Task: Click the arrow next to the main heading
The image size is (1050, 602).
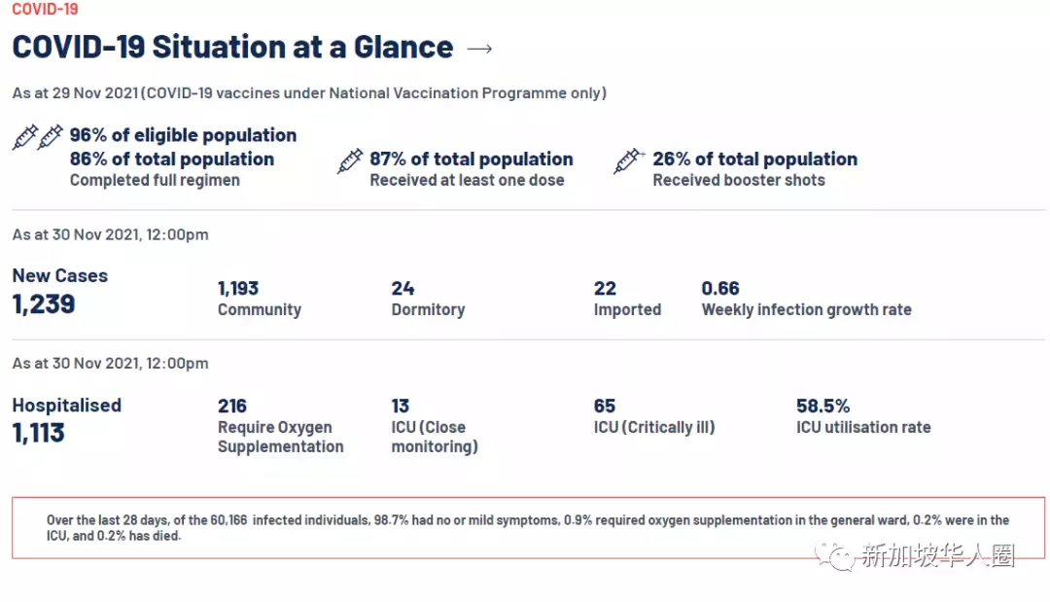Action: click(x=480, y=48)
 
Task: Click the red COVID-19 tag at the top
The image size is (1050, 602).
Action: click(x=45, y=9)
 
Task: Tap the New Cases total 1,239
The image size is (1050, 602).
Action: click(x=44, y=303)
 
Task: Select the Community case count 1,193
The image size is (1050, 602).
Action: click(x=238, y=288)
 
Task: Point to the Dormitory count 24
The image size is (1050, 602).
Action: click(x=402, y=288)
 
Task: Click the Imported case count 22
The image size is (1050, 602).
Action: click(x=605, y=288)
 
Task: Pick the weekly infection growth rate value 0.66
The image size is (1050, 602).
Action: click(x=720, y=288)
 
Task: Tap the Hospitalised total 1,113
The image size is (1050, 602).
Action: click(x=39, y=433)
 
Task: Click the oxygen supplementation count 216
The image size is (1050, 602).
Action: click(x=232, y=406)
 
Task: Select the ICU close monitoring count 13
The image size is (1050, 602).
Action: click(x=401, y=406)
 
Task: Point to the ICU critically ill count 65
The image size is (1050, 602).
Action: click(x=605, y=406)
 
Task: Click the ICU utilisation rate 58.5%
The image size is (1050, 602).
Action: click(x=822, y=406)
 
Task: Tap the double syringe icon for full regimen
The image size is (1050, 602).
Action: click(x=38, y=137)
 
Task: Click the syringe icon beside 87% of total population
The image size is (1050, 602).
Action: click(x=350, y=161)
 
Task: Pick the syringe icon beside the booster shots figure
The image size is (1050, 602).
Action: click(x=629, y=161)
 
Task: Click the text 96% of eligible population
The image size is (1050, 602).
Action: click(x=183, y=135)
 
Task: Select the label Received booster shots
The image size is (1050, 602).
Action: click(x=739, y=180)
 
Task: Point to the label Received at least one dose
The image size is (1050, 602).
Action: click(x=467, y=180)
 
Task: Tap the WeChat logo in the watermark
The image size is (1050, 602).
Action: click(x=835, y=555)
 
